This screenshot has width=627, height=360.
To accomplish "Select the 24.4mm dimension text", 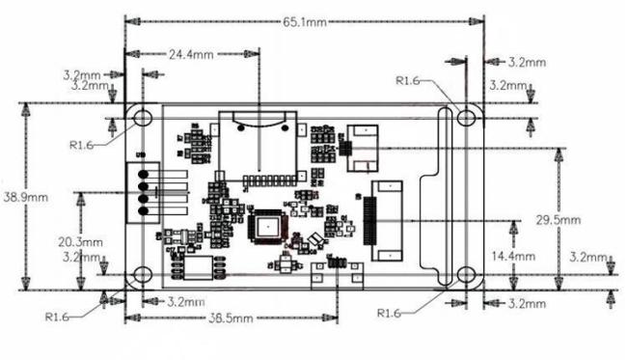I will coord(190,55).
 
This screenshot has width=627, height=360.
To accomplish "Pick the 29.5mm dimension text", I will coord(559,220).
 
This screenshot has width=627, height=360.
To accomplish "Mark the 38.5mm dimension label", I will coord(228,318).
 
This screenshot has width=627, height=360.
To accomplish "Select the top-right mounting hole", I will coord(468,117).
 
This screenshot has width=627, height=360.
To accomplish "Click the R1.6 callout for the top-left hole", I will coord(82,145).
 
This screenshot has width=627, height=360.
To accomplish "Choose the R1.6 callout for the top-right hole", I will coord(408,81).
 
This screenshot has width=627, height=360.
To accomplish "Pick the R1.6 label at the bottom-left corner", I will coord(57,316).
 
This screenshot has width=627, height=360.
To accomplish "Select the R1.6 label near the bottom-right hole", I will coord(389,313).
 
